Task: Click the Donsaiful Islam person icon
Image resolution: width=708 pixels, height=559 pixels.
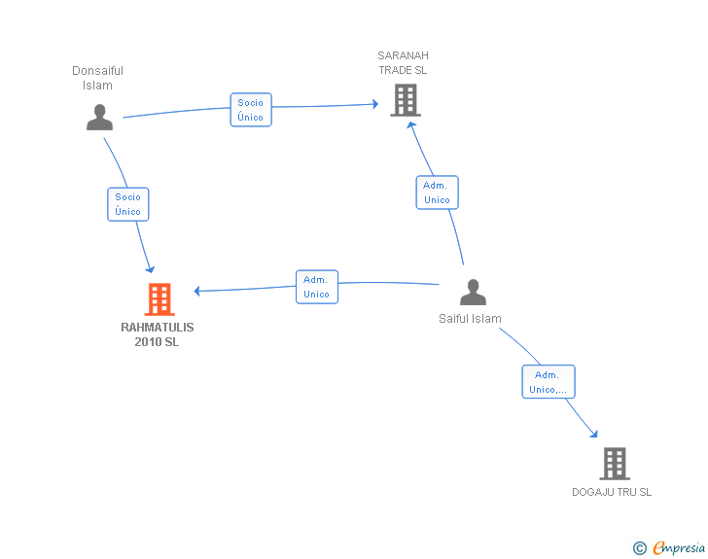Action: [x=100, y=118]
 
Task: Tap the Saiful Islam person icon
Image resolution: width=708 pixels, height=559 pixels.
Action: [x=473, y=293]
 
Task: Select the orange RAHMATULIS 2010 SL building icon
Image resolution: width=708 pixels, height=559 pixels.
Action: [x=159, y=298]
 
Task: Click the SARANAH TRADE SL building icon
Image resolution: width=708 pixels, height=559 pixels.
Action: [x=406, y=100]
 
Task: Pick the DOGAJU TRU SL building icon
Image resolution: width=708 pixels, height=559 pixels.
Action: [x=615, y=464]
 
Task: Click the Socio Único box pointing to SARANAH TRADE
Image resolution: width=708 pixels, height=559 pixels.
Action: [x=251, y=110]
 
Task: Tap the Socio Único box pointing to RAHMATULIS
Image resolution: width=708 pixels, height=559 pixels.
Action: [x=128, y=204]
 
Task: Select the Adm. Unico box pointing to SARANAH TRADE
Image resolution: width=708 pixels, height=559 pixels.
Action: [x=437, y=192]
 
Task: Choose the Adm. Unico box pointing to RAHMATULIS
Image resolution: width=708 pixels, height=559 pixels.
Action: [x=317, y=287]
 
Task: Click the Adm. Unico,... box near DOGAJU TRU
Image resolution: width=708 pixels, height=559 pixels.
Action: [x=549, y=381]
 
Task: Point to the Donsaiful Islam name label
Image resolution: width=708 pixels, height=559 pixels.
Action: [x=97, y=78]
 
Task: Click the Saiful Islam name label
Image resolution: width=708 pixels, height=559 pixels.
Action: [x=470, y=319]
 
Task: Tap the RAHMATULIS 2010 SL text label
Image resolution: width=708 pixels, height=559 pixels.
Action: [x=158, y=334]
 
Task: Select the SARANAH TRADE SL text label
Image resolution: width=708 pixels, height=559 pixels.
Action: [x=404, y=63]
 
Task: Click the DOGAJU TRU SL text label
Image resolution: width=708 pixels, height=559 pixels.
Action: [x=612, y=492]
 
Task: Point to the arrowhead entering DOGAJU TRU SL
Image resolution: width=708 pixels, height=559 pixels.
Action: [x=594, y=435]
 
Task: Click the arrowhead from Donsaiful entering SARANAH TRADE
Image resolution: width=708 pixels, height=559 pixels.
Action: [x=375, y=104]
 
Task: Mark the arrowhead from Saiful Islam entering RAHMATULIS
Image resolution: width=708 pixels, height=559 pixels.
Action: [x=196, y=291]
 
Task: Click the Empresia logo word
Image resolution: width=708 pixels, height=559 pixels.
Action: [x=679, y=548]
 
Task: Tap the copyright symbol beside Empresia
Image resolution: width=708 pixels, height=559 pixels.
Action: [x=640, y=548]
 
